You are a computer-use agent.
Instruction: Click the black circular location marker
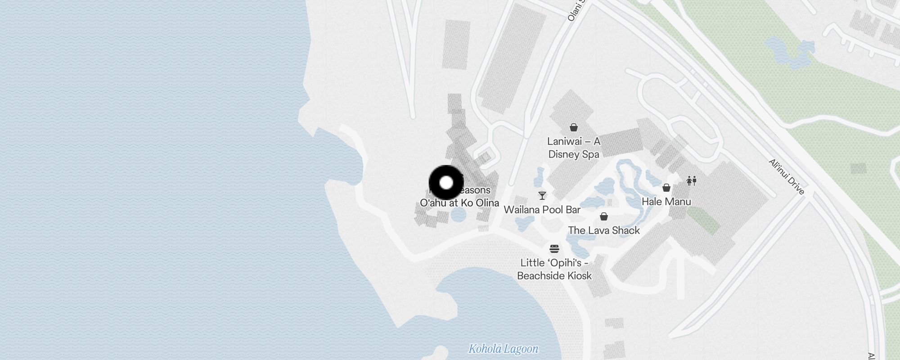tap(446, 183)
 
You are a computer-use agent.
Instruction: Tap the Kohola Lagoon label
tap(503, 349)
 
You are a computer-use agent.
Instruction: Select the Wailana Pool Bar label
tap(542, 210)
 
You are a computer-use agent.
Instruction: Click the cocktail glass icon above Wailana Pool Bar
tap(542, 196)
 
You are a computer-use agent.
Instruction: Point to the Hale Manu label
tap(666, 202)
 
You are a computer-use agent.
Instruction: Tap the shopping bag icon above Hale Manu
tap(666, 188)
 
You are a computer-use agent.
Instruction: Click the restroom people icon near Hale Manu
tap(691, 181)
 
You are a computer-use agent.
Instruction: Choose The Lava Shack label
tap(603, 230)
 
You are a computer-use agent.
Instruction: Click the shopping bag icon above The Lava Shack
tap(604, 217)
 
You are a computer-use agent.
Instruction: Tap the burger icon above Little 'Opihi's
tap(554, 248)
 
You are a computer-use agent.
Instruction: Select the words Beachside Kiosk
tap(554, 276)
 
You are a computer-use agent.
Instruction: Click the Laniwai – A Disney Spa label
tap(574, 148)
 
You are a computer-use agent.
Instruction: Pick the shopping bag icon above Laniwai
tap(574, 127)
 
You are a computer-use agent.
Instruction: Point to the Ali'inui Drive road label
tap(786, 176)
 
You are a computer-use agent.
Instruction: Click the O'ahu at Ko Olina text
tap(459, 203)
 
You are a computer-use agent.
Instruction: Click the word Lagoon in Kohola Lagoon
tap(521, 349)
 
